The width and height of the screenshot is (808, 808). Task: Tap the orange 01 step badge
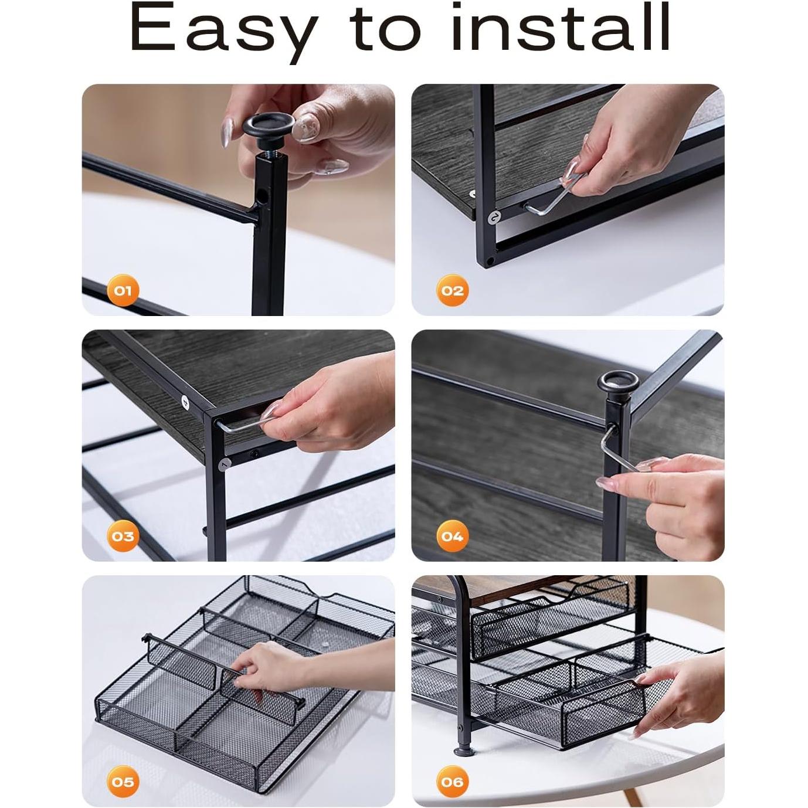[123, 290]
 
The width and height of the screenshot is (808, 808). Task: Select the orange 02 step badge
[452, 290]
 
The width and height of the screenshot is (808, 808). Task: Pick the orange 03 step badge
[123, 536]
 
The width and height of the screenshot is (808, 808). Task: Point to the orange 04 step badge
[452, 536]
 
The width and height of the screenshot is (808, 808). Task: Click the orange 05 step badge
[123, 782]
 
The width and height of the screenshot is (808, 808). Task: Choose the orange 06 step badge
[452, 782]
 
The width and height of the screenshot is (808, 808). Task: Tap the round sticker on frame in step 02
[495, 217]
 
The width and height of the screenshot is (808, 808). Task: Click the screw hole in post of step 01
[262, 195]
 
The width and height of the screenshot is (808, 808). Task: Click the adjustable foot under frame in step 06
[462, 749]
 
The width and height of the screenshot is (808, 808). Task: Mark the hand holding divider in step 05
[270, 668]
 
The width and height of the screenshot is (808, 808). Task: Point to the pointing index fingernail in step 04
[604, 482]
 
